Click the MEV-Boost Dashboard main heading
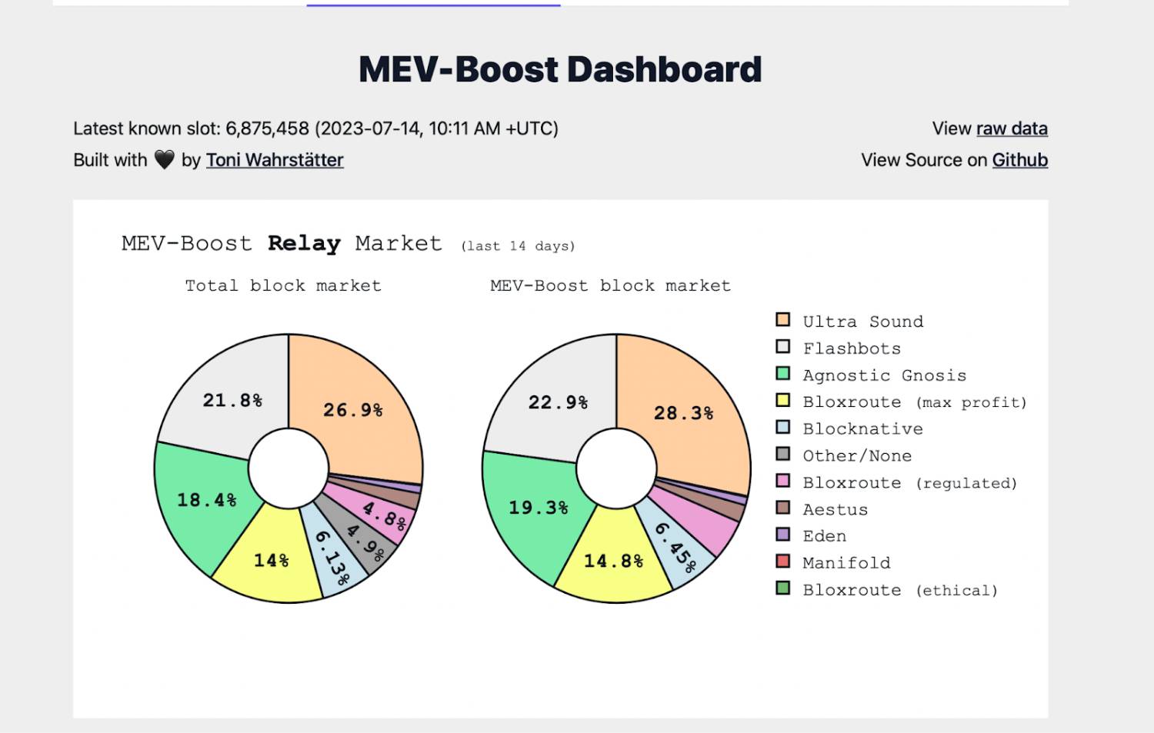[x=560, y=70]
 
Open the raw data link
[x=1012, y=128]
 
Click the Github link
[x=1019, y=160]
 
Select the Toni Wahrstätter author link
[x=275, y=160]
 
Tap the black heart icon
[x=165, y=159]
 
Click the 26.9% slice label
[x=353, y=410]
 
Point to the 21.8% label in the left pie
[x=232, y=400]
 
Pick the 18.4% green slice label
[x=207, y=500]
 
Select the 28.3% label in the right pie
[x=683, y=413]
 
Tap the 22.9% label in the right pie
[x=558, y=402]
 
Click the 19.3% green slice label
[x=539, y=508]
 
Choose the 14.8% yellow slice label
[x=613, y=561]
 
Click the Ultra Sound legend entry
[x=862, y=322]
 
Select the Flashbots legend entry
[x=852, y=348]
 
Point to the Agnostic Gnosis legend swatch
[x=783, y=374]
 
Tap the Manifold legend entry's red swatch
[x=783, y=561]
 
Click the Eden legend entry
[x=824, y=536]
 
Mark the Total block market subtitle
[x=283, y=286]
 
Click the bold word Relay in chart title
[x=304, y=244]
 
